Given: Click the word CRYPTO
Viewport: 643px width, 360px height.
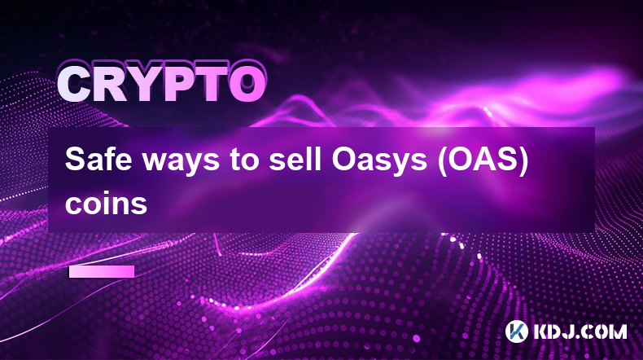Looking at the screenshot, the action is [162, 84].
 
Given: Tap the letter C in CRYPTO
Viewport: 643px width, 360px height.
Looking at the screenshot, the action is [76, 85].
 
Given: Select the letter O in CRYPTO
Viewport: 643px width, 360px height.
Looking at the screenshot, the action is [247, 85].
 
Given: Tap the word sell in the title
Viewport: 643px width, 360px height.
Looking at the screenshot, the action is [295, 159].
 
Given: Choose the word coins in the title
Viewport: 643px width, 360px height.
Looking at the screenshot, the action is [106, 204].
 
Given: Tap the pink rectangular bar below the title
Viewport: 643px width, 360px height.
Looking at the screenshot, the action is [102, 272].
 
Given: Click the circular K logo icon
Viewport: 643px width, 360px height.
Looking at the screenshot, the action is [516, 331].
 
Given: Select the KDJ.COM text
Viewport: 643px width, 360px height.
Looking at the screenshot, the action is [580, 331].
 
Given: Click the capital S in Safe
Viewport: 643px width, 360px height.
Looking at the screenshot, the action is [74, 159].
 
